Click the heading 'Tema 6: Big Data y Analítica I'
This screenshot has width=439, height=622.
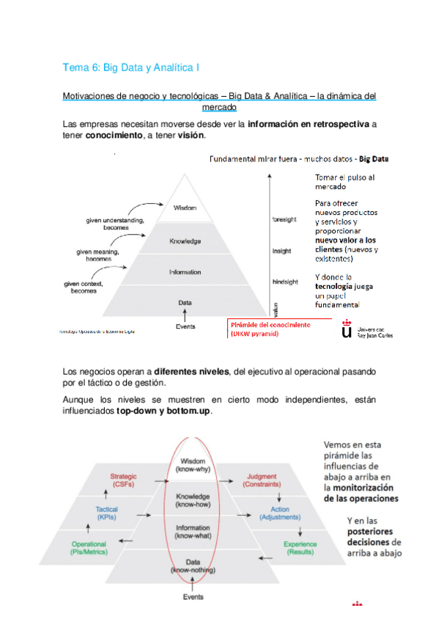tap(132, 67)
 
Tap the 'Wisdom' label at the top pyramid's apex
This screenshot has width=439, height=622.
tap(185, 208)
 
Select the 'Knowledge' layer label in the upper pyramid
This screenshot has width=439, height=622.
tap(185, 241)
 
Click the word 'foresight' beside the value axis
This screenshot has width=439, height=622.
tap(285, 219)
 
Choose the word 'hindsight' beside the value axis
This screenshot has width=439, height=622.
tap(285, 281)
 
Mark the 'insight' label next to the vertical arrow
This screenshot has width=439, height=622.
tap(282, 250)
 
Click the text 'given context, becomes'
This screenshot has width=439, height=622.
tap(85, 287)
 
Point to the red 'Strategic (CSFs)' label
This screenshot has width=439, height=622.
tap(123, 480)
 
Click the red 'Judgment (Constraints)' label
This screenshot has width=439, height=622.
tap(262, 480)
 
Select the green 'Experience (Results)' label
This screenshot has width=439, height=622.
tap(300, 548)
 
